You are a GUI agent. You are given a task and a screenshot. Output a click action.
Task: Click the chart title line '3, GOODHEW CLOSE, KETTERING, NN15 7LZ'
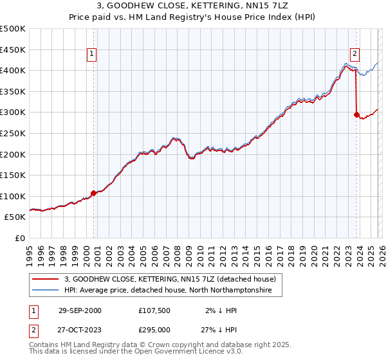click(x=193, y=6)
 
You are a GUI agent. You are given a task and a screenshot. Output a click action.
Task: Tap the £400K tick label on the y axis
click(x=13, y=71)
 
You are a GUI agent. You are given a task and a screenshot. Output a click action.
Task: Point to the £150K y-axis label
click(x=13, y=175)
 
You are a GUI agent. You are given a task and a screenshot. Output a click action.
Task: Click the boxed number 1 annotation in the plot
click(x=93, y=54)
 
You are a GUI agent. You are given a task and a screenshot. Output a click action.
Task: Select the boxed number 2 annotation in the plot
click(x=355, y=54)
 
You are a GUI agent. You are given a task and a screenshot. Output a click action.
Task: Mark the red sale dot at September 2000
click(x=94, y=193)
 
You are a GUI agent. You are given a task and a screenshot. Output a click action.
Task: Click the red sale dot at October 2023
click(x=356, y=114)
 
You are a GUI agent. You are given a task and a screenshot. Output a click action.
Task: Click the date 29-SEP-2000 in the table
click(x=79, y=310)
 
